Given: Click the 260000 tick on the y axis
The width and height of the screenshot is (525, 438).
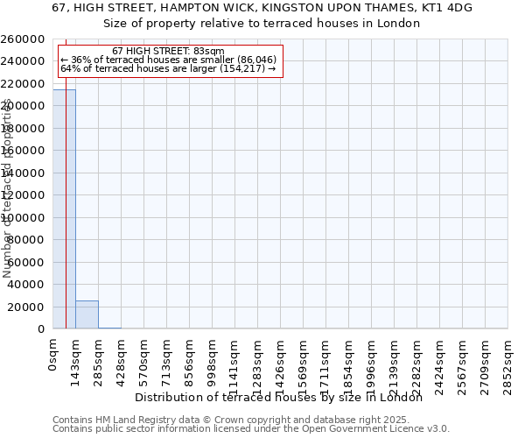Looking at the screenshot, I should [24, 39].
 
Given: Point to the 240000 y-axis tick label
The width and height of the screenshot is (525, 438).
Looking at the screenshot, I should [24, 61].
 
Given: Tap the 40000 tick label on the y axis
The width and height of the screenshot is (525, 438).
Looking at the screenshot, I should [27, 285].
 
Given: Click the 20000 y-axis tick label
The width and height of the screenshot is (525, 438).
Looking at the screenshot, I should [27, 307].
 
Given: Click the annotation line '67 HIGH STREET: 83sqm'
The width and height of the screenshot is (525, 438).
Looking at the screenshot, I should [168, 52].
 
